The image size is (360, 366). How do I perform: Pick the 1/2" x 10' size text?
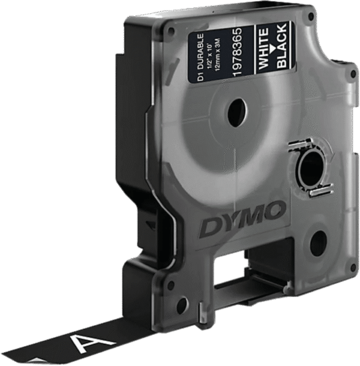coord(210,56)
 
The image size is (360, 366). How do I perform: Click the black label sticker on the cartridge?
coord(241,54)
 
